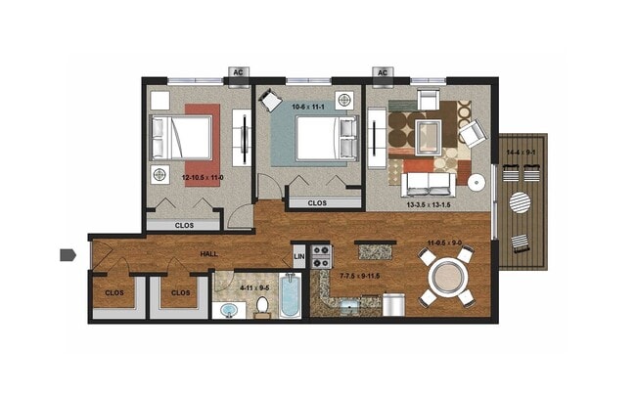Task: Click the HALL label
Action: tap(208, 254)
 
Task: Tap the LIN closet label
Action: tap(299, 257)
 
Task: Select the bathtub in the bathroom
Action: tap(292, 295)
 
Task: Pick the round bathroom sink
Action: tap(229, 311)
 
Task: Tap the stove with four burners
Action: tap(322, 256)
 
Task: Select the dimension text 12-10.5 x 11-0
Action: tap(203, 177)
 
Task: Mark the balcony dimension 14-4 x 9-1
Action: tap(521, 153)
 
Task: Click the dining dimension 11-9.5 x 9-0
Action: tap(444, 243)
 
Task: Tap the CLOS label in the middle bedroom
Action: tap(316, 203)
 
